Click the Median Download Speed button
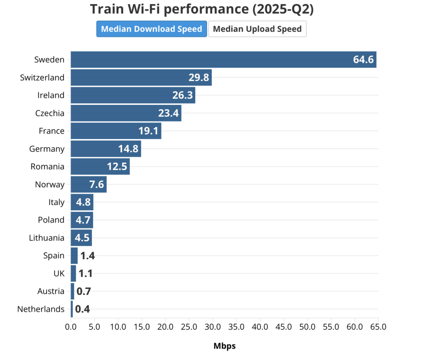tap(151, 29)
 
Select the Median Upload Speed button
tap(257, 29)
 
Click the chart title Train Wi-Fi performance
tap(202, 9)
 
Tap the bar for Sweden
tap(211, 60)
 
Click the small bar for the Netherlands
tap(72, 309)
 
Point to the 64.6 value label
tap(363, 60)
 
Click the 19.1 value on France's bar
tap(148, 131)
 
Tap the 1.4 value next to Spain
tap(88, 256)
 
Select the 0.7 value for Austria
tap(84, 291)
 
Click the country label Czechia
tap(50, 113)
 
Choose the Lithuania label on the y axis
tap(47, 238)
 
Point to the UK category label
tap(59, 274)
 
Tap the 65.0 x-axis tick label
tap(378, 327)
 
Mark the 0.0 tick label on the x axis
tap(71, 327)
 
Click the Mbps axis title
tap(225, 346)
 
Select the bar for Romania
tap(100, 167)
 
